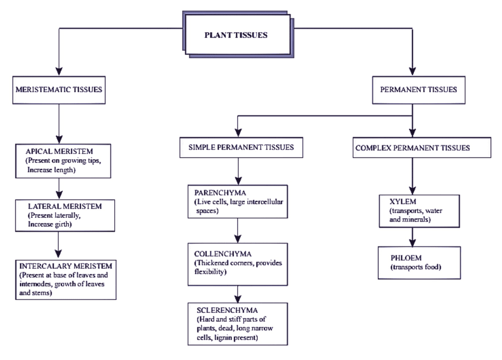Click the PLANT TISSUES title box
(x=236, y=35)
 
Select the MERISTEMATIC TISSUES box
(x=59, y=90)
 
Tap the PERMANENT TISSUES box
(x=419, y=90)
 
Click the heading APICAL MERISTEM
(x=59, y=152)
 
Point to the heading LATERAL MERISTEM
(x=64, y=207)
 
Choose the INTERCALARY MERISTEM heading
(x=66, y=266)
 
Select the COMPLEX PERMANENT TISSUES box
(x=412, y=147)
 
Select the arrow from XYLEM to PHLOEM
(x=413, y=236)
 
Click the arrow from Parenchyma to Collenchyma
(x=238, y=233)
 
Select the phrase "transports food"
(x=416, y=267)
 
